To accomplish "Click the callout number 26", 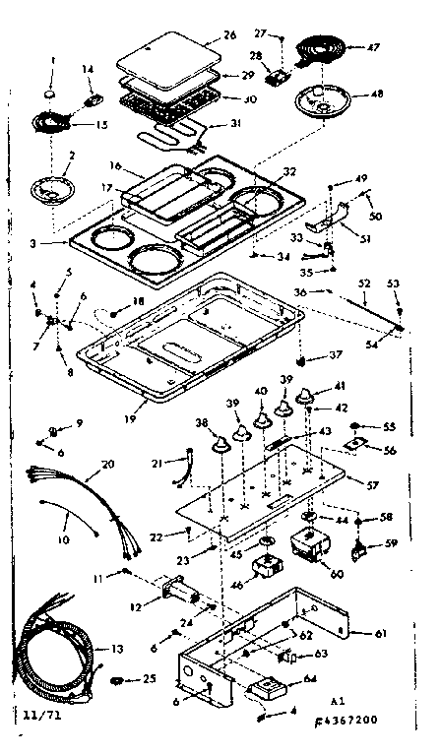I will [x=229, y=35].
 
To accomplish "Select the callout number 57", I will [x=372, y=486].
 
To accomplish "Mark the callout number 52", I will [x=365, y=283].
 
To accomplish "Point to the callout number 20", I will [x=106, y=464].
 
